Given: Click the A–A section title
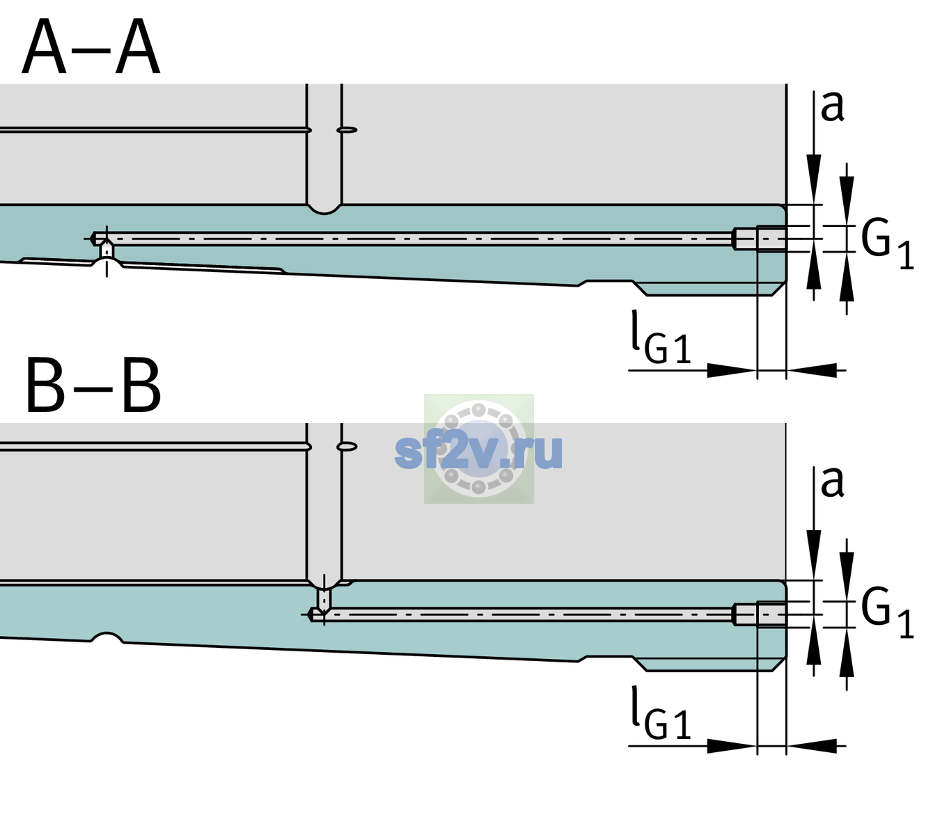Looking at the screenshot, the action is [x=91, y=47].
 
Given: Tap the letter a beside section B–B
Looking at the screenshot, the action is [x=832, y=482].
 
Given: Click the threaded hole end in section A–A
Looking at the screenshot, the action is [x=760, y=239].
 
